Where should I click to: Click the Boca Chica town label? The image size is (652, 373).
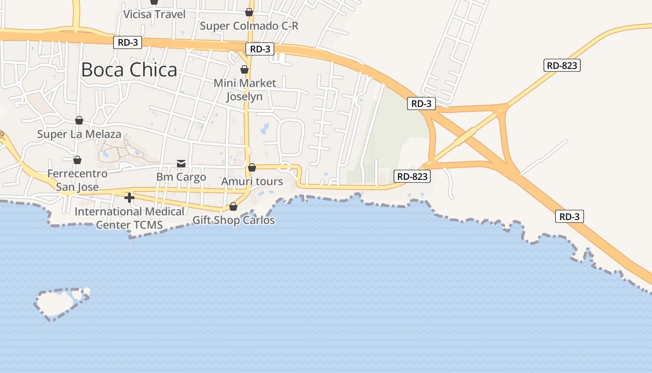(129, 70)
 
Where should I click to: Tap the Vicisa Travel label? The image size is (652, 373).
(154, 14)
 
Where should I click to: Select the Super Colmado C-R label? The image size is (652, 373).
(249, 26)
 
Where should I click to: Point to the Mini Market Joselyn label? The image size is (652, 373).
(244, 90)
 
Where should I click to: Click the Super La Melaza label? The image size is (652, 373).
(79, 135)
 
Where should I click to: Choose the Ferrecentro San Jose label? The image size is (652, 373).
(77, 180)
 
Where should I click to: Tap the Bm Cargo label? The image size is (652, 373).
(181, 177)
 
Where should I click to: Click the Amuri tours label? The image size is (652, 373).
(252, 181)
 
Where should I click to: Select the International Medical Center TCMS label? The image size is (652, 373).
(129, 218)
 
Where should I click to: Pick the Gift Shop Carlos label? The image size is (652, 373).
(233, 220)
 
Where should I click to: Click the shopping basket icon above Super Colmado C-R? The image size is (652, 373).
(249, 12)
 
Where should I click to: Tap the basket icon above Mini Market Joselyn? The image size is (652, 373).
(244, 69)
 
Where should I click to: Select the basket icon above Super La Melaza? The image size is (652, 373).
(79, 120)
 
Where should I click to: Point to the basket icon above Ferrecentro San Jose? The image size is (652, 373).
(77, 160)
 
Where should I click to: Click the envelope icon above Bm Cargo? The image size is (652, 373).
(181, 163)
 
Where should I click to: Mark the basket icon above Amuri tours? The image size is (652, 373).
(252, 167)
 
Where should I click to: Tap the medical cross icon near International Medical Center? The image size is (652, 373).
(129, 198)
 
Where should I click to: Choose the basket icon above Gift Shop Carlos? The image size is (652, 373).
(233, 206)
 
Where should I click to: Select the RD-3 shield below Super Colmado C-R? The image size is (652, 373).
(260, 49)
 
